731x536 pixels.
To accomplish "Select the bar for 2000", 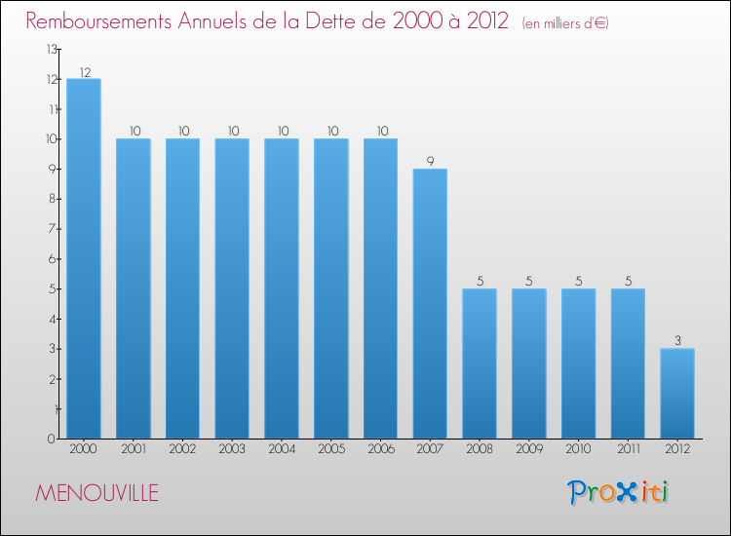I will (84, 258).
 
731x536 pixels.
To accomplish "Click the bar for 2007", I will (430, 303).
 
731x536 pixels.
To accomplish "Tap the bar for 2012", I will (677, 393).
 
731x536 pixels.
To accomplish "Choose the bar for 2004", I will (282, 288).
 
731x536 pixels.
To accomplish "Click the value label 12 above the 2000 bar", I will (84, 72).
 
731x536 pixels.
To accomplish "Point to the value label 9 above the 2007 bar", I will (430, 162).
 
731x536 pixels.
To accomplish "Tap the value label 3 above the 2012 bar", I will (677, 341).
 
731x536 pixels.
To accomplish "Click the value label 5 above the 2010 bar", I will (578, 282).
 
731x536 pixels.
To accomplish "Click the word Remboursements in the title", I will (107, 21).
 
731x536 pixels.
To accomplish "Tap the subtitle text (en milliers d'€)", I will (565, 23).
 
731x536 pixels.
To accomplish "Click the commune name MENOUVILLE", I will (96, 493).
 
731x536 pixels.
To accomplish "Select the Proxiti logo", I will (619, 492).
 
